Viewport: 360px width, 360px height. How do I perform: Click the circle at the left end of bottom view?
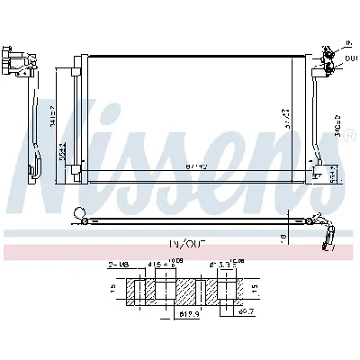pyautogui.click(x=81, y=215)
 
